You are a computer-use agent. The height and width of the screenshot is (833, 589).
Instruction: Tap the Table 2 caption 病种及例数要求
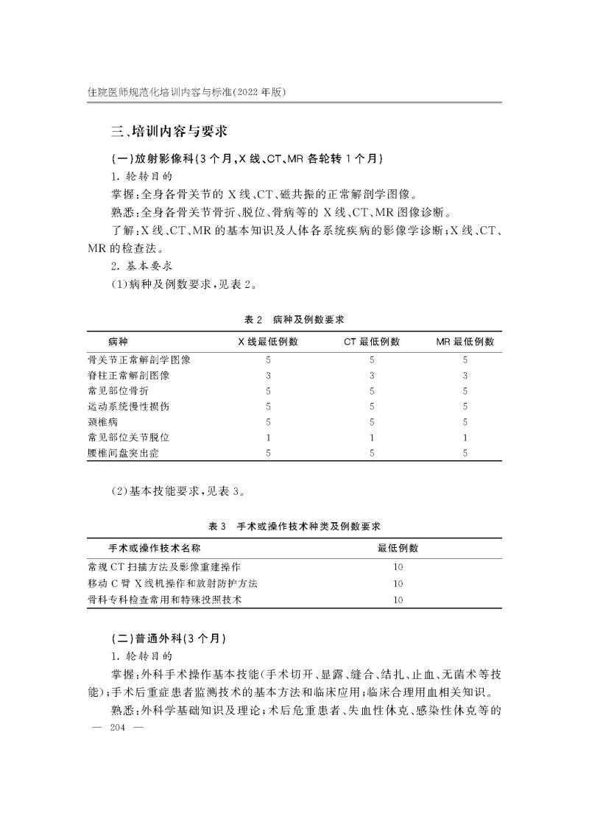tap(294, 320)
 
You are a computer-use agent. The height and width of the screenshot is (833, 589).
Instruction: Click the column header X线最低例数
tap(268, 342)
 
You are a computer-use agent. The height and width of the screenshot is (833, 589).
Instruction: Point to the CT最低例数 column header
tap(372, 342)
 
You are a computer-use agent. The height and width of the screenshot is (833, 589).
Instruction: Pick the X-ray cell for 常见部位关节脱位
tap(268, 437)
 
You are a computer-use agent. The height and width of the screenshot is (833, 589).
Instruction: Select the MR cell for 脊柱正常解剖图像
tap(465, 375)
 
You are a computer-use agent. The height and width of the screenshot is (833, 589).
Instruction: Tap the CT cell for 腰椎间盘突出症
tap(372, 453)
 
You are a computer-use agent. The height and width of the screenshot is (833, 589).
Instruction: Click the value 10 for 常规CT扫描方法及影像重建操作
tap(398, 567)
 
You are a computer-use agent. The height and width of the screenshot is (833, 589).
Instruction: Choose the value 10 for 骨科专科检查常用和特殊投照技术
tap(398, 600)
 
